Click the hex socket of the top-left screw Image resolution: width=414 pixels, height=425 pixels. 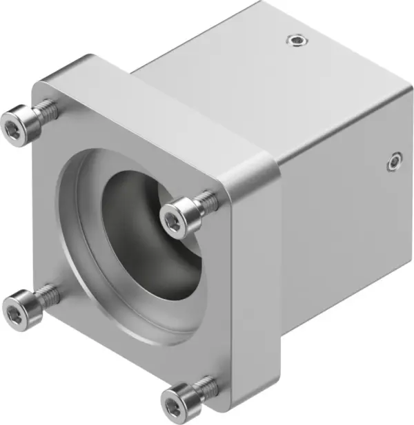[x=14, y=127]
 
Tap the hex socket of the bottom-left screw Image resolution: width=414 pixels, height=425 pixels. [x=14, y=313]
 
